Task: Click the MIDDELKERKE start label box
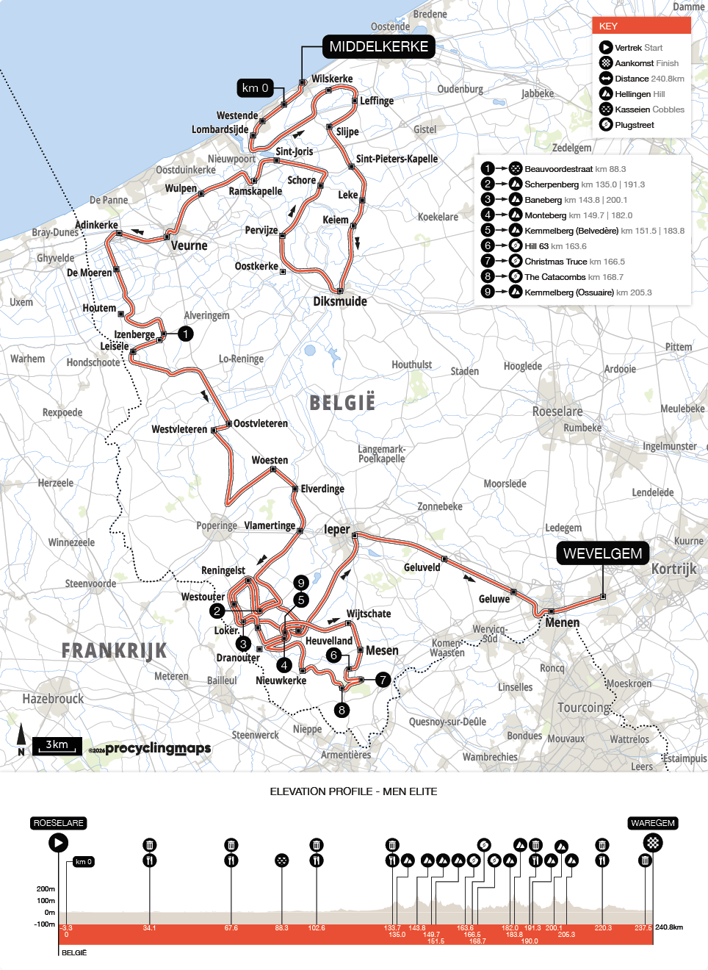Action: tap(378, 46)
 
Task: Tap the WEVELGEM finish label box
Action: tap(602, 553)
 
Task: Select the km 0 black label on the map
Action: tap(255, 88)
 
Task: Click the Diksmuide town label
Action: tap(339, 301)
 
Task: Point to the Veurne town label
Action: tap(189, 245)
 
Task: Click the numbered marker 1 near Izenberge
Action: tap(186, 334)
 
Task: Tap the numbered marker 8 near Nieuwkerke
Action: tap(342, 710)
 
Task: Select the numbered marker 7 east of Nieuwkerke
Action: tap(383, 680)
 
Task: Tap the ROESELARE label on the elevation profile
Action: tap(59, 823)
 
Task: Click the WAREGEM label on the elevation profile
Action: tap(652, 823)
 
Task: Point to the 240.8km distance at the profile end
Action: tap(669, 927)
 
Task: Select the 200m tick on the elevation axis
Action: tap(46, 888)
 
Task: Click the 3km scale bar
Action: tap(57, 745)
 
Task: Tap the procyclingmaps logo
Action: tap(157, 749)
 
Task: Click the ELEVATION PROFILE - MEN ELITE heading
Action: tap(353, 791)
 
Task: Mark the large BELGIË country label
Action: tap(342, 403)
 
